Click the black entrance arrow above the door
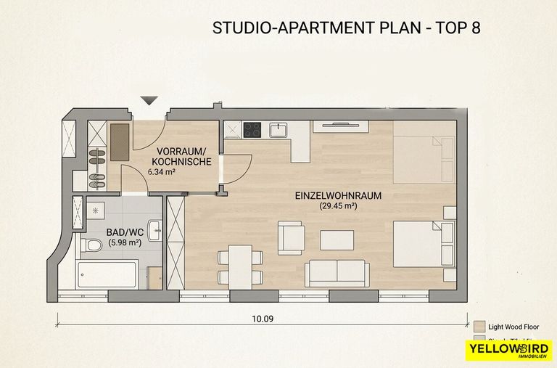(x=150, y=100)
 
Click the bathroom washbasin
(x=154, y=229)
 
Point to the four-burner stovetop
(x=252, y=130)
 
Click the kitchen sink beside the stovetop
(x=278, y=131)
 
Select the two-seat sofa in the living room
(x=337, y=272)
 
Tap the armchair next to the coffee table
(x=292, y=238)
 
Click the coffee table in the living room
(x=337, y=240)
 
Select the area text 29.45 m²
(x=339, y=207)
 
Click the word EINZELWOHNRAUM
(x=338, y=196)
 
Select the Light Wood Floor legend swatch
(x=479, y=326)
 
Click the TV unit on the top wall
(x=340, y=126)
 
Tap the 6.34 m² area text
(x=162, y=172)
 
